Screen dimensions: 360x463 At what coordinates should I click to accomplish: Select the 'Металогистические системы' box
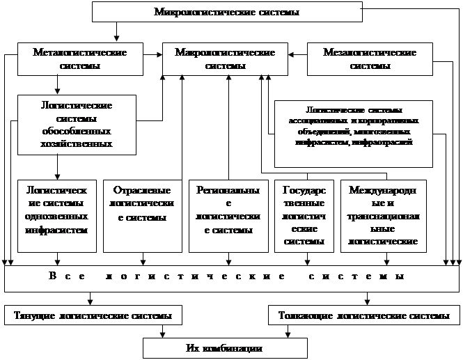click(80, 59)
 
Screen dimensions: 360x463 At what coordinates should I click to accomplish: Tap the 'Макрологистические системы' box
click(226, 59)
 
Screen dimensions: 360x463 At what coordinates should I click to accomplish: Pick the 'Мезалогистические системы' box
click(369, 59)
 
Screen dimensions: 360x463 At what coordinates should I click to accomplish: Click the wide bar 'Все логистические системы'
click(227, 277)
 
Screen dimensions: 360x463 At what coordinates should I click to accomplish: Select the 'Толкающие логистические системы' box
click(363, 315)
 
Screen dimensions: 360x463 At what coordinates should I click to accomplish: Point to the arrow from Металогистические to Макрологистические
click(151, 52)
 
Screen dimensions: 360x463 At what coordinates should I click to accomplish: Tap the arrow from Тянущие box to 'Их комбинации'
click(164, 331)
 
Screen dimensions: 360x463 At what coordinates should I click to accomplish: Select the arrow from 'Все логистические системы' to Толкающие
click(368, 298)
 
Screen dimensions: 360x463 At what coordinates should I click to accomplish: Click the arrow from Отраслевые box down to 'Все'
click(143, 259)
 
